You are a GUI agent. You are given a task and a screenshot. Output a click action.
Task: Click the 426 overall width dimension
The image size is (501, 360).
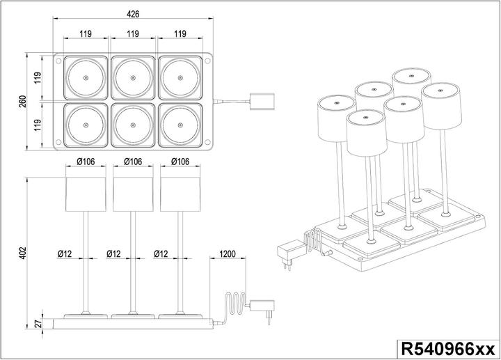[132, 12]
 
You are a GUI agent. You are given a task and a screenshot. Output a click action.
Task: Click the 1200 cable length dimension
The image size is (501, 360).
[228, 253]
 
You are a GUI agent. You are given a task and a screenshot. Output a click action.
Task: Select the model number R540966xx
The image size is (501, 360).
[447, 348]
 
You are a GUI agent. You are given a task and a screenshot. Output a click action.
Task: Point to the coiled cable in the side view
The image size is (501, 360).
[234, 306]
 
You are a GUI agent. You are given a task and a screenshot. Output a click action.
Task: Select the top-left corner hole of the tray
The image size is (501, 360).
[58, 60]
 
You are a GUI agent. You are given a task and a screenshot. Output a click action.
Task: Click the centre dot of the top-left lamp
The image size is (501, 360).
[86, 77]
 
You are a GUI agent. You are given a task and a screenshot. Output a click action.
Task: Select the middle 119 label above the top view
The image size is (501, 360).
[132, 33]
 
